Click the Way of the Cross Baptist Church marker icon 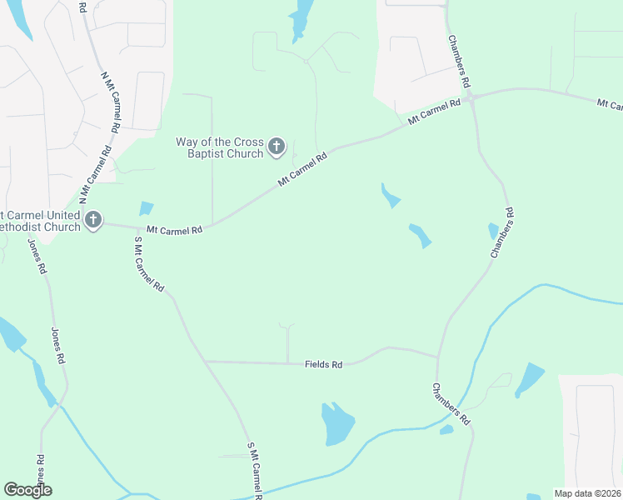point(277,148)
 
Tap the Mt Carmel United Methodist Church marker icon point(93,221)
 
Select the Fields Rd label point(324,365)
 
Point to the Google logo point(27,490)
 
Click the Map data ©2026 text point(588,493)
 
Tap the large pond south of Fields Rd point(337,424)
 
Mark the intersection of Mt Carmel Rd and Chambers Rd point(471,98)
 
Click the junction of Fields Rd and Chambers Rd point(437,357)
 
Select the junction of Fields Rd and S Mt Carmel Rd point(206,362)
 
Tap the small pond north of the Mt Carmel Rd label point(147,208)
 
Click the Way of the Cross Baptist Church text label point(219,147)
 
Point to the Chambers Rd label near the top point(459,62)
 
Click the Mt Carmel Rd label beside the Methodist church point(174,230)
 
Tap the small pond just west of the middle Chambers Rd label point(493,231)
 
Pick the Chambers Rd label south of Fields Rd point(451,405)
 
